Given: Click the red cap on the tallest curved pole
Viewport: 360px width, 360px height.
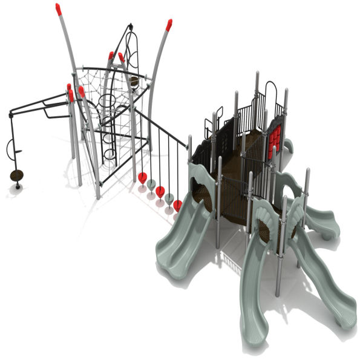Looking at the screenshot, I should pos(58,9).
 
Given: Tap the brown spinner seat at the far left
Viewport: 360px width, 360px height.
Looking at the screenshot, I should pos(16,175).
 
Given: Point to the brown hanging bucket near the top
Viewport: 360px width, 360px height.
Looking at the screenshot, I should pos(134,81).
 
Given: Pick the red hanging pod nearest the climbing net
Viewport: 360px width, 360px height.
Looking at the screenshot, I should pos(142,178).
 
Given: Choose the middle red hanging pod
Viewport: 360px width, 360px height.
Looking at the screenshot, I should pos(160,192).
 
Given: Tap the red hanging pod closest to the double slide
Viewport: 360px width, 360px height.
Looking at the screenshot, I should pos(177,206).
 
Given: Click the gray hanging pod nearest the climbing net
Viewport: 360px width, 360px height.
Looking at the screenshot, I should pos(151,184).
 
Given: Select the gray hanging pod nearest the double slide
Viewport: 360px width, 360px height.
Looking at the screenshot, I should pos(169,198).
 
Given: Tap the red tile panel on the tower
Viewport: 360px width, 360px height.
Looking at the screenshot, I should pos(275,137).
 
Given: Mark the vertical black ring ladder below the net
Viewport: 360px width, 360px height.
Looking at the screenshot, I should pos(108,130).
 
